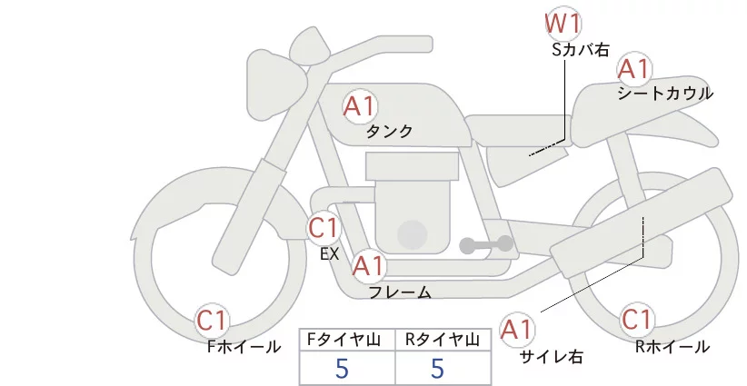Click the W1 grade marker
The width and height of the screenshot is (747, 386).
tap(563, 25)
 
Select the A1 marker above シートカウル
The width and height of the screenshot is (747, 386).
tap(633, 70)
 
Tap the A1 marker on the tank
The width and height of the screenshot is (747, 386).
tap(360, 106)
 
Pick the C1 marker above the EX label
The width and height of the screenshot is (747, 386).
tap(324, 228)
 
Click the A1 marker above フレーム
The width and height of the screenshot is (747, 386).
tap(368, 266)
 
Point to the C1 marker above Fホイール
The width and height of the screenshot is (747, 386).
tap(212, 321)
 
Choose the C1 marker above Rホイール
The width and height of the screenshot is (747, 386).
tap(637, 320)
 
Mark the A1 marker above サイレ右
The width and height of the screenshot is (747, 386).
tap(517, 330)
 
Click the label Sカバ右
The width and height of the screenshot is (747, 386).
tap(581, 50)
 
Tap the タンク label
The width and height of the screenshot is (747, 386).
tap(389, 132)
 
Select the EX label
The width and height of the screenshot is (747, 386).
tap(330, 254)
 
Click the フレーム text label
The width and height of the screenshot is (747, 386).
tap(400, 292)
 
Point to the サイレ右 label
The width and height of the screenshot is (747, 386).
tap(552, 357)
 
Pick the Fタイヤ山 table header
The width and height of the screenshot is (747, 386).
tap(344, 340)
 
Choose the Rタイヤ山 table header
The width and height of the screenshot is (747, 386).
tap(443, 340)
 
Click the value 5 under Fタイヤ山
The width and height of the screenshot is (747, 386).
tap(342, 369)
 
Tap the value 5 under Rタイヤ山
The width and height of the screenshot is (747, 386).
tap(437, 369)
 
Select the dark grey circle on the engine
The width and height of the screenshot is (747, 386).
tap(412, 235)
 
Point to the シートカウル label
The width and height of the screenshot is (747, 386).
tap(665, 94)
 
